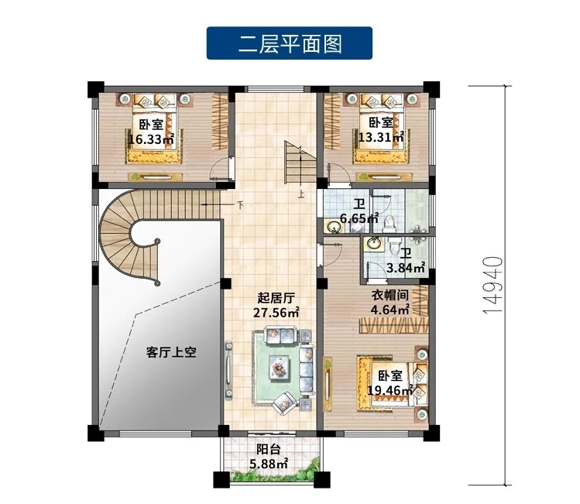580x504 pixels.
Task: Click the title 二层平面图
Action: point(290,43)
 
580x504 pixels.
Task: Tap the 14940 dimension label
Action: point(493,285)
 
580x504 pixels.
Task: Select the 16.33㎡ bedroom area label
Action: point(151,139)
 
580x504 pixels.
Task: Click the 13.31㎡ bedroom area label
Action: point(381,137)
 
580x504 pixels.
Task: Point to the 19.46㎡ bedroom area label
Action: point(390,389)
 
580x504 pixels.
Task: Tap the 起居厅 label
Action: point(276,297)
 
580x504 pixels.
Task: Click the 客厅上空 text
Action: point(171,352)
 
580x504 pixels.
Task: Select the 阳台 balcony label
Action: point(269,449)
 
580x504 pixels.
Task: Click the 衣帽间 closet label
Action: point(390,295)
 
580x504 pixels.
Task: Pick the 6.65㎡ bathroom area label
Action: point(359,218)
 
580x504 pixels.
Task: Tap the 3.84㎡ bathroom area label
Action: point(406,267)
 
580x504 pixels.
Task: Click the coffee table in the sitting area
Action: point(280,366)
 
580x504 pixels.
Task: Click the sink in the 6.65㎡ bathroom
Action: point(335,226)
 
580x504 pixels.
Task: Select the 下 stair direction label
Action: point(240,204)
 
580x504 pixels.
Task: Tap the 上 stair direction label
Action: point(301,194)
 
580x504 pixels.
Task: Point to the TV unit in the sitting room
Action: point(229,370)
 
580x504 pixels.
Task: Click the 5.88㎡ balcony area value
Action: point(269,464)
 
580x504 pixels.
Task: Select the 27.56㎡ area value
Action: point(276,313)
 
